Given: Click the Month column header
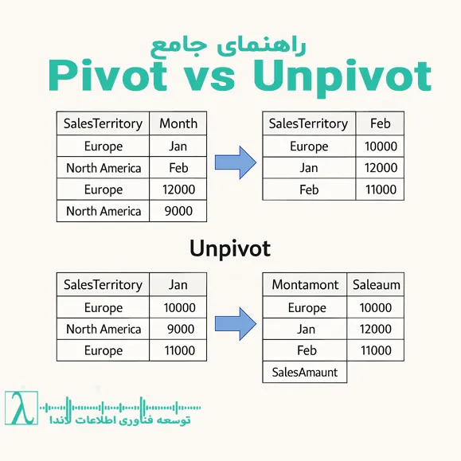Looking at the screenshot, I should (x=178, y=123).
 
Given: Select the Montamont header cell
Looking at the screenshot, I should (x=305, y=285).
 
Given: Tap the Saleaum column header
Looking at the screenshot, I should (x=376, y=285).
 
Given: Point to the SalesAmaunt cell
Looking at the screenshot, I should (x=305, y=372).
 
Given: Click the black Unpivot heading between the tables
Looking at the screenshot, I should (x=230, y=248).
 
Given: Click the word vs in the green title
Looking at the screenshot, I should (x=216, y=75).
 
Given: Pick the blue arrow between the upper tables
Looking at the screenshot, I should (x=236, y=163).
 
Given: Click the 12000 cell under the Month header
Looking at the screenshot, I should (x=178, y=189).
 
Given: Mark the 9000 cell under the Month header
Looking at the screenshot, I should (x=178, y=211).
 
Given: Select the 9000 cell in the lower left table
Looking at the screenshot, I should (x=178, y=329).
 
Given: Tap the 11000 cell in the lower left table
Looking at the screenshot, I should (x=178, y=350).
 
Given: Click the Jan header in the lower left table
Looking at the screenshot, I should (x=178, y=285).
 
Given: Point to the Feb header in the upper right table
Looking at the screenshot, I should (x=380, y=123).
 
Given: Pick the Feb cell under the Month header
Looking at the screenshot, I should (x=178, y=168).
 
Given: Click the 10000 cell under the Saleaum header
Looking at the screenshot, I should (x=376, y=308).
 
